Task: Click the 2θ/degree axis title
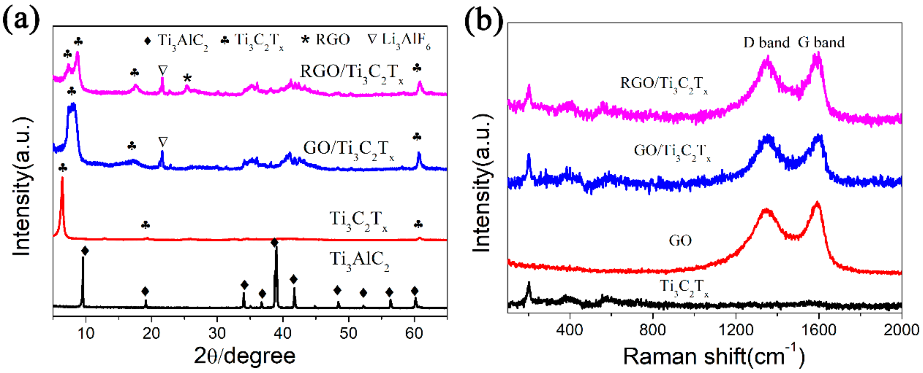pos(245,356)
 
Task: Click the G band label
pos(821,42)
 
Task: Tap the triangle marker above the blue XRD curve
pos(163,142)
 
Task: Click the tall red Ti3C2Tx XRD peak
pos(62,201)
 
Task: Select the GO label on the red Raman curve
pos(680,240)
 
